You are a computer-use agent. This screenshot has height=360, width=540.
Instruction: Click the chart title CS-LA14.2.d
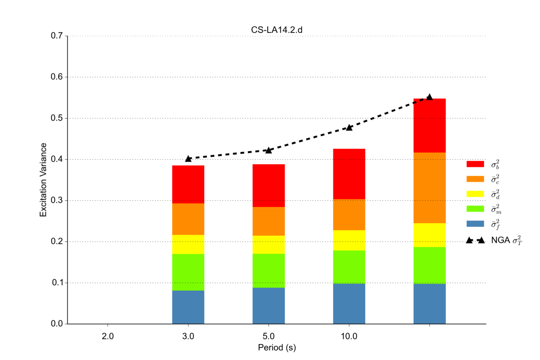[x=276, y=30]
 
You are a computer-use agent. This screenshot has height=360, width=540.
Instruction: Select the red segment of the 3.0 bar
[x=188, y=184]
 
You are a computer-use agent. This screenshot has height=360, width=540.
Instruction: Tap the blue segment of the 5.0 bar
[x=269, y=306]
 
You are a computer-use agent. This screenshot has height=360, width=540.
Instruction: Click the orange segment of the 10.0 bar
[x=349, y=215]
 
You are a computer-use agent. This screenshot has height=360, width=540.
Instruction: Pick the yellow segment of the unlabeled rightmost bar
[x=429, y=235]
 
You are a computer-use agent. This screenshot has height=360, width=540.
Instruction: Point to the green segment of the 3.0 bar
[x=188, y=272]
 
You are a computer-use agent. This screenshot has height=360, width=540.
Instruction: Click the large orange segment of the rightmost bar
[x=429, y=188]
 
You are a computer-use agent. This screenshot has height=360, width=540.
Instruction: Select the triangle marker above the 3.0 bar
[x=188, y=158]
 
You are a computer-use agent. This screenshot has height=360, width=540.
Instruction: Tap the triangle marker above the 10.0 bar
[x=349, y=127]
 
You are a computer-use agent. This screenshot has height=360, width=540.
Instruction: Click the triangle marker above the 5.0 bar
[x=269, y=150]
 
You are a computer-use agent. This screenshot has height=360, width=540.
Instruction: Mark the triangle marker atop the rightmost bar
[x=429, y=97]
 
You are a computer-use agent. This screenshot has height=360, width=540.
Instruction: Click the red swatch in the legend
[x=475, y=164]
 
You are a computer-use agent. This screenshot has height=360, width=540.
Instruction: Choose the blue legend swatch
[x=475, y=224]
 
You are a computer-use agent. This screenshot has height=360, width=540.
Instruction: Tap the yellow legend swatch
[x=475, y=194]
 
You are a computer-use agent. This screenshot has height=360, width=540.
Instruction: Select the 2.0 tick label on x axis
[x=108, y=336]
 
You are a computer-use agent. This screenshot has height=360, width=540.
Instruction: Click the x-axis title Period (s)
[x=276, y=347]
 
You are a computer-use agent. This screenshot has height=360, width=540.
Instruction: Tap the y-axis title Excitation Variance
[x=43, y=180]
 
